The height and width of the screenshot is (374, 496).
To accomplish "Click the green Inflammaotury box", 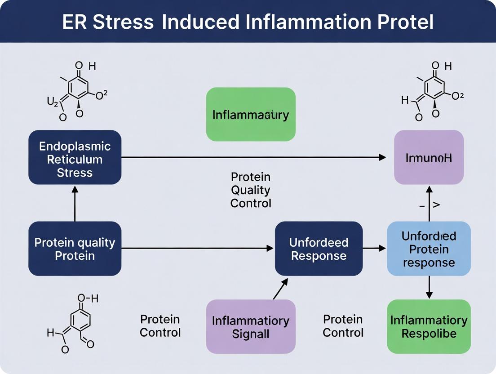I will pos(251,114).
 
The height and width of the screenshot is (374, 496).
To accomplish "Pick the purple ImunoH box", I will pos(429,157).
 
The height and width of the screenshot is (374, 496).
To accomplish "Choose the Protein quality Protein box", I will pos(75,249).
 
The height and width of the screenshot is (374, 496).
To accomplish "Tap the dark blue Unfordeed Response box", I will pos(319,249).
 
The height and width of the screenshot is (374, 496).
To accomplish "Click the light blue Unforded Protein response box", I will pos(429,249).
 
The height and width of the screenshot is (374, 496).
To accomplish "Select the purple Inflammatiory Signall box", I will pos(251,327).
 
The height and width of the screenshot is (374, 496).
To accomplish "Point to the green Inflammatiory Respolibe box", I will pos(429,327).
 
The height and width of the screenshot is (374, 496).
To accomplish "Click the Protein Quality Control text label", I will pos(251,190).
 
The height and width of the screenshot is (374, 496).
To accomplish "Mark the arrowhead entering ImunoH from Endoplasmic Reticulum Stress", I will pos(382,157).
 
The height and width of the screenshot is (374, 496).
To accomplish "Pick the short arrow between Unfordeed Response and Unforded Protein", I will pos(374,248).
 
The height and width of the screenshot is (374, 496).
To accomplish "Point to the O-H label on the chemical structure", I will pos(88,298).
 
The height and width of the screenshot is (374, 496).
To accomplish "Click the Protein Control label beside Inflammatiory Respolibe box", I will pos(343,326).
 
